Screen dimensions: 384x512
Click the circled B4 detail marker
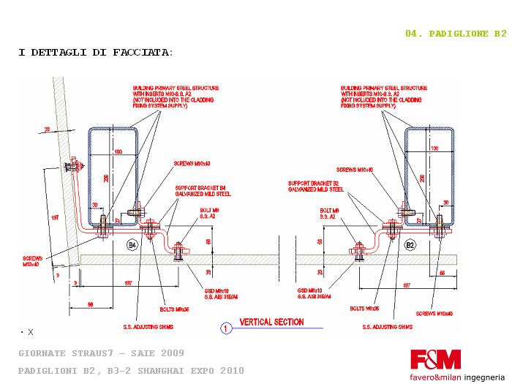click(132, 244)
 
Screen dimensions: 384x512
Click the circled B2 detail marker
click(410, 244)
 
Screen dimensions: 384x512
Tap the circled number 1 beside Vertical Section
click(227, 328)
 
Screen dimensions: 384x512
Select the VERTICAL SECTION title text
click(272, 322)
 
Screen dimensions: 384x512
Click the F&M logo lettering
click(435, 359)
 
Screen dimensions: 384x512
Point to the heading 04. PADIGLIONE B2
click(456, 34)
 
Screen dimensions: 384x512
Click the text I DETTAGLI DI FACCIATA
click(95, 53)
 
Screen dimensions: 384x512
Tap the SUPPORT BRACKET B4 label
click(203, 191)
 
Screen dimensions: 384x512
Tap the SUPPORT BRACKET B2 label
click(316, 186)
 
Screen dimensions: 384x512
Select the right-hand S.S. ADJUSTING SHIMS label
click(396, 326)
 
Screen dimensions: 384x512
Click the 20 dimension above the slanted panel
click(47, 129)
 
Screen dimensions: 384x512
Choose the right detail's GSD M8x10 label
click(313, 293)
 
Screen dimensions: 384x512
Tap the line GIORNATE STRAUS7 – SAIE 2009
click(101, 353)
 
